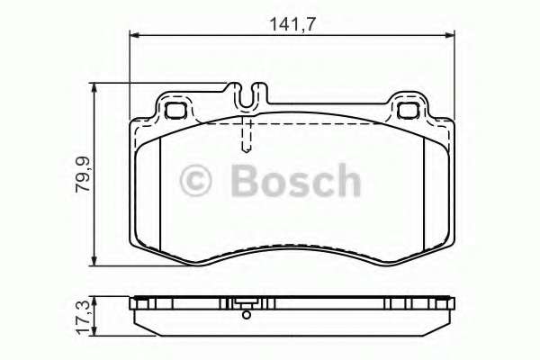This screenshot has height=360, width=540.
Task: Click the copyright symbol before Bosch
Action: coord(199,180)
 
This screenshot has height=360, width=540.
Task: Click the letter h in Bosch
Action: coord(346,180)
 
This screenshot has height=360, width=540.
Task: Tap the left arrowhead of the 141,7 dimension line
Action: coord(135,35)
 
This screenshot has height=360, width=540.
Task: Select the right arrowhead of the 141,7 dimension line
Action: coord(450,35)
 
